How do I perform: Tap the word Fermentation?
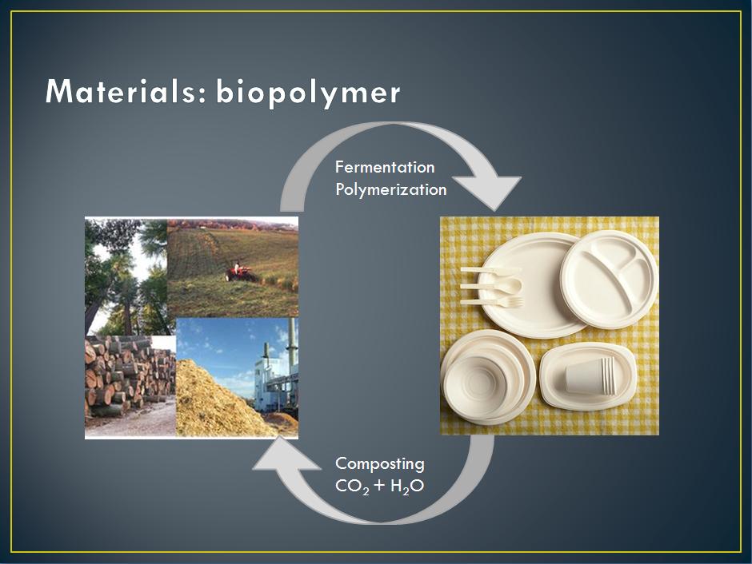coord(385,168)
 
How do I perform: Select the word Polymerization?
coord(390,190)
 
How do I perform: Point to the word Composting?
coord(380,463)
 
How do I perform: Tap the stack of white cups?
coord(590,375)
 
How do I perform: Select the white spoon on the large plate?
coord(491,286)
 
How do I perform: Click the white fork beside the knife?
coord(493,302)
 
